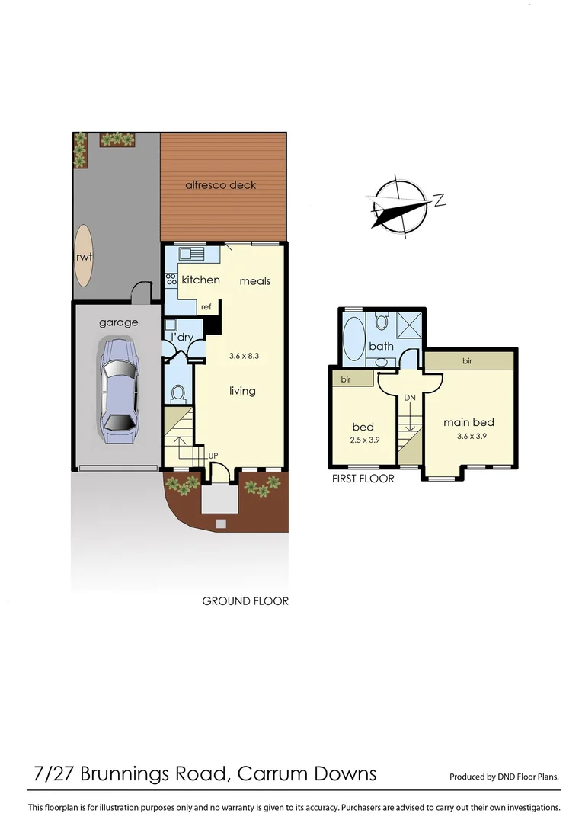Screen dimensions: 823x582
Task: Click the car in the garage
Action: [118, 390]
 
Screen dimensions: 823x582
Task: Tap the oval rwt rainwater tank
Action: [84, 257]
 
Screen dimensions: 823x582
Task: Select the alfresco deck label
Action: [221, 185]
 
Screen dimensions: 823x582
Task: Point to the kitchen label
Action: [200, 280]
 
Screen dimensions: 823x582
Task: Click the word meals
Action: [255, 281]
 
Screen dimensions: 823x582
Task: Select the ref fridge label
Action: [206, 307]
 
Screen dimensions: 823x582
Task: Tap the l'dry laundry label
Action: [181, 337]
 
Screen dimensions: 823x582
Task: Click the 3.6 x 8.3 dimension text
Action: [245, 355]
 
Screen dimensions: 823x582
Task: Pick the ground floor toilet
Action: [179, 392]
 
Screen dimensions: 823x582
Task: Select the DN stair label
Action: [410, 398]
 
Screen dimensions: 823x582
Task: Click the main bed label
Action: [468, 422]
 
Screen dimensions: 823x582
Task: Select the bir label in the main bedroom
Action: [467, 360]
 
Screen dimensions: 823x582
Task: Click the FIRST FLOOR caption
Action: [363, 479]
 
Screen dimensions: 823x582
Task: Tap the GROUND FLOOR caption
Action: [245, 601]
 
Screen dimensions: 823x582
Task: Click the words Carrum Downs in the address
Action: [307, 774]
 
